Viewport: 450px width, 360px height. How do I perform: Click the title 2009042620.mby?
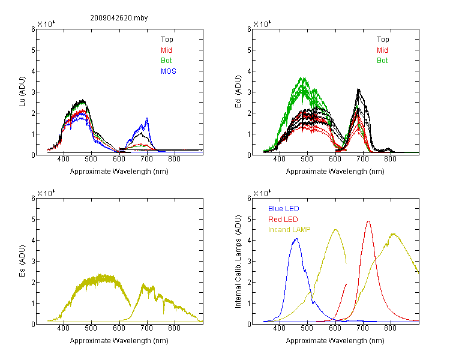point(119,18)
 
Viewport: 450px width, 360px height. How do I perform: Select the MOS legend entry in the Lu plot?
point(169,71)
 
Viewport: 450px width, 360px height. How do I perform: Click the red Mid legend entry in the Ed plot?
point(382,50)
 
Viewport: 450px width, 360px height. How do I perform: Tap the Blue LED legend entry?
point(284,209)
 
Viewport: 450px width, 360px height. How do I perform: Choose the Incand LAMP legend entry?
point(289,230)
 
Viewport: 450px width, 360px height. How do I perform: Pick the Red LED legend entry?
point(283,220)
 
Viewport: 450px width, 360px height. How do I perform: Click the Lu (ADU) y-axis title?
point(22,91)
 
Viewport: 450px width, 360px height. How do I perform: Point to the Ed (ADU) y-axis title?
point(238,92)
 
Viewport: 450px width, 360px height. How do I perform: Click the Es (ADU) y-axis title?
point(22,261)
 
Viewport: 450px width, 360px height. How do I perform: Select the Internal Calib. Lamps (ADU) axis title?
point(238,262)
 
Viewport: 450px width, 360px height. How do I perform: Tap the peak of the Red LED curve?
point(368,221)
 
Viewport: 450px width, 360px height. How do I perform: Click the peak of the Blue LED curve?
point(297,239)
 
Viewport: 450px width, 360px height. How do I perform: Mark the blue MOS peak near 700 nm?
point(147,118)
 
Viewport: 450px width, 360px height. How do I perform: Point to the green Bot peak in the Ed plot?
point(302,77)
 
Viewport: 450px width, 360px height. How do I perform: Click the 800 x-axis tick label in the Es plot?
point(174,328)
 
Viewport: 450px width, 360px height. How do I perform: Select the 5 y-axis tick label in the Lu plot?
point(33,50)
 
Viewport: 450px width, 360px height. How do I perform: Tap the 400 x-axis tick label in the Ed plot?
point(279,159)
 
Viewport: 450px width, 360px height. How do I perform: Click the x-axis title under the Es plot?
point(119,341)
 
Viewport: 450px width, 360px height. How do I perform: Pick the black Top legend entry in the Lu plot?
point(167,40)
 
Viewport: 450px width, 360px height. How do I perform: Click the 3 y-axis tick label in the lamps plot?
point(249,262)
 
